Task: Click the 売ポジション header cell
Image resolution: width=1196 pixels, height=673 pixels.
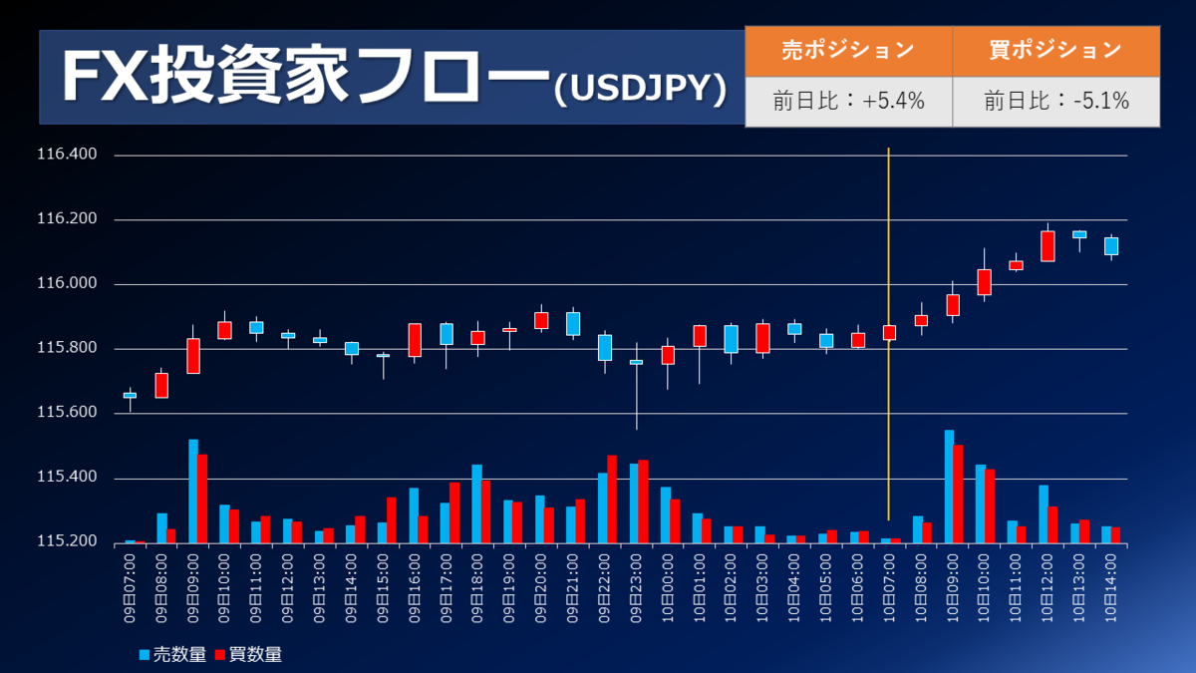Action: (x=848, y=50)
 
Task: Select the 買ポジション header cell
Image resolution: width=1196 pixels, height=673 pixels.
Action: (x=1055, y=50)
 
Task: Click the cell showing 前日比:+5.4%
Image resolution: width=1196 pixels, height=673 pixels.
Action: (x=848, y=101)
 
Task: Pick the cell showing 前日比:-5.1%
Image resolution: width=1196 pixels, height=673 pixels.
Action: (x=1055, y=101)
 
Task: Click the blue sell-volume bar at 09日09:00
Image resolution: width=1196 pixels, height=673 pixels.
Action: (x=192, y=491)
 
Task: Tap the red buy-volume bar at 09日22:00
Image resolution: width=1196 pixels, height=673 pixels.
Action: (x=612, y=499)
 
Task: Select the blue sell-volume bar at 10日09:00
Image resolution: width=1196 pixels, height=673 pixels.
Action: (x=949, y=487)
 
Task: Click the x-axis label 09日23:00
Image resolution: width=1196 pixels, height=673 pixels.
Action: (x=637, y=588)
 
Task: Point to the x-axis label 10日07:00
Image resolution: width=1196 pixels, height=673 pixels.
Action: (x=889, y=588)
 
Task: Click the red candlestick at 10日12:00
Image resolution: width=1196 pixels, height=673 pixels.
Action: (x=1047, y=246)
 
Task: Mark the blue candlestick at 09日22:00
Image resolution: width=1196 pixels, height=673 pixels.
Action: (x=605, y=347)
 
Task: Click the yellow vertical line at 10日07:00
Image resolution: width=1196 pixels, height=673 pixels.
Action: (x=888, y=249)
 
